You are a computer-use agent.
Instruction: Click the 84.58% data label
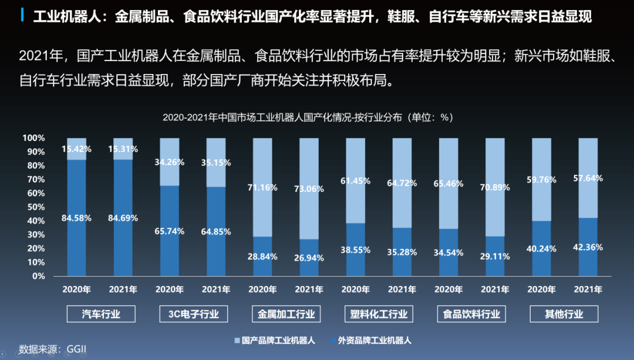(76, 218)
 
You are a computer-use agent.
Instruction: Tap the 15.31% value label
(123, 149)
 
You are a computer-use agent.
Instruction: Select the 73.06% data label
(309, 189)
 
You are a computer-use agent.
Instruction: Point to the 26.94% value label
(309, 257)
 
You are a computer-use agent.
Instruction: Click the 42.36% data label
(588, 247)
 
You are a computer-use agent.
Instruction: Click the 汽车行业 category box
(101, 314)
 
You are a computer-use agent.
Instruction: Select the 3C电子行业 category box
(194, 314)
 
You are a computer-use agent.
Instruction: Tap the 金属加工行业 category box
(286, 314)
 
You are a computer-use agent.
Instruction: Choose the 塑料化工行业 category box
(379, 314)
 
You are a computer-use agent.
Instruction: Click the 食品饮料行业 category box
(472, 314)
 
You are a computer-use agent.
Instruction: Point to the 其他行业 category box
(564, 314)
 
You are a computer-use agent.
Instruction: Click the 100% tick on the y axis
(33, 138)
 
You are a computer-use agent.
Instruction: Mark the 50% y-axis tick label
(36, 207)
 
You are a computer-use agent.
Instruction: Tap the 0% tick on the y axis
(38, 276)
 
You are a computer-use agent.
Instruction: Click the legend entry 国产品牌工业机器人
(275, 340)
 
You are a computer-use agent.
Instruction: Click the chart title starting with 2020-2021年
(308, 117)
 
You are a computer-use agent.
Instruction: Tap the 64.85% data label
(216, 231)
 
